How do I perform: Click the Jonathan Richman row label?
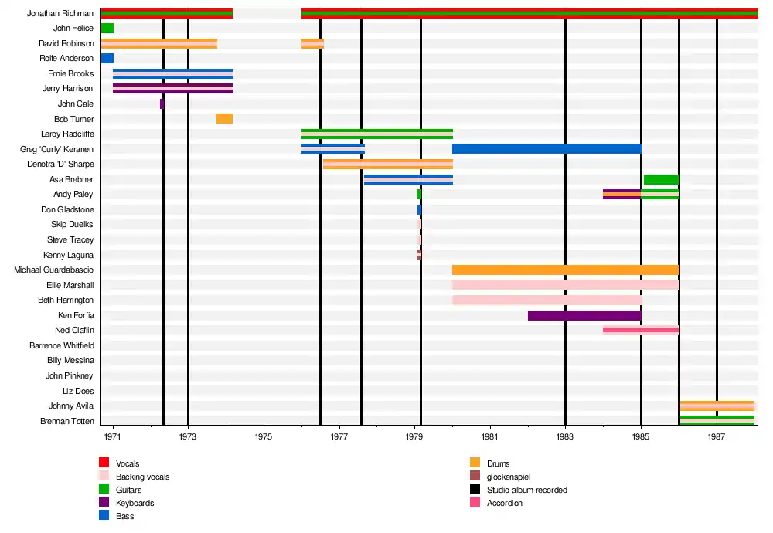coord(60,14)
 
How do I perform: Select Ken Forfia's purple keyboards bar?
coord(584,315)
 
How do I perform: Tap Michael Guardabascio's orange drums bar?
coord(565,270)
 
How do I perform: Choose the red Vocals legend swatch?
coord(104,463)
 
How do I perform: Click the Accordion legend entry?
coord(504,503)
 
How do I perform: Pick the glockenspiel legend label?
coord(509,477)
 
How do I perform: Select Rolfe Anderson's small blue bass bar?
coord(107,59)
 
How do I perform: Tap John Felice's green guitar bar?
coord(107,29)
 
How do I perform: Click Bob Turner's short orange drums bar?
coord(224,119)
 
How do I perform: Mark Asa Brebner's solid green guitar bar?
coord(661,179)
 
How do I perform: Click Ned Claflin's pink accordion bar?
coord(641,330)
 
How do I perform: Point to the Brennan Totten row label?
coord(67,421)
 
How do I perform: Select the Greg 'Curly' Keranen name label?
coord(57,149)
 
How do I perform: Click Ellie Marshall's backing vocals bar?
coord(565,285)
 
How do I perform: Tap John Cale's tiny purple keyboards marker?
coord(162,104)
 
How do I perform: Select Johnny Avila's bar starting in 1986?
coord(717,406)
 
